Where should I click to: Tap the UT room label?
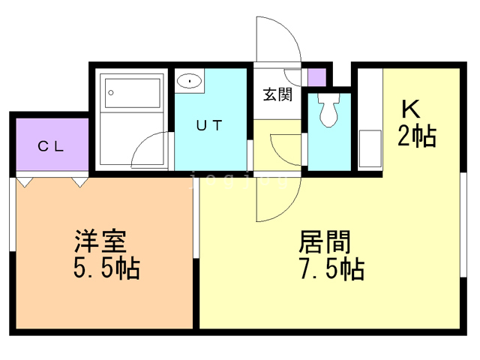tap(209, 126)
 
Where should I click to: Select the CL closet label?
tap(52, 146)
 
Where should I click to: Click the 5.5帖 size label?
tap(105, 268)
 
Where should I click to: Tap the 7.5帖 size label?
tap(330, 268)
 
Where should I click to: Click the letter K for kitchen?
tap(409, 109)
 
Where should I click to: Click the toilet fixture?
tap(328, 109)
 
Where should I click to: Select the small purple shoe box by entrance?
tap(316, 77)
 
